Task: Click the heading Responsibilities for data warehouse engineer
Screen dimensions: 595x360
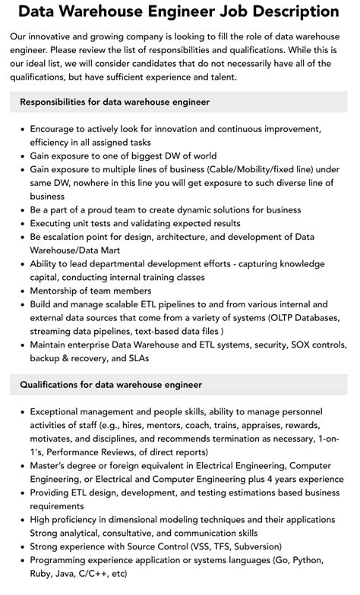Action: pos(115,101)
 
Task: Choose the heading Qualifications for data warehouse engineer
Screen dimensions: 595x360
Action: pos(111,386)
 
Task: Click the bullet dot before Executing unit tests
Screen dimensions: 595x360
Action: pos(21,223)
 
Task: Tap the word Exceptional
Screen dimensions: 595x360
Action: pos(59,411)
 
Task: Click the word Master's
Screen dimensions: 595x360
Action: pos(52,466)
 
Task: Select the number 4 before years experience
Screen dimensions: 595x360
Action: pos(259,480)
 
